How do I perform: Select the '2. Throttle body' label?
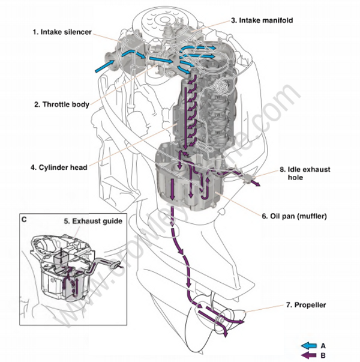[x=62, y=104]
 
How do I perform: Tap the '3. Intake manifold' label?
[x=262, y=20]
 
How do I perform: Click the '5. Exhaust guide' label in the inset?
[x=93, y=221]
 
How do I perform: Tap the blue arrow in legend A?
[x=312, y=345]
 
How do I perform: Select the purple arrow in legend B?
[x=312, y=354]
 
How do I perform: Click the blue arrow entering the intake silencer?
[x=102, y=68]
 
